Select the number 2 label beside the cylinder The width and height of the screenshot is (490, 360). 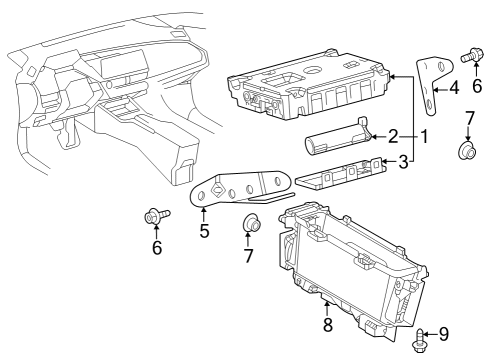pyautogui.click(x=393, y=135)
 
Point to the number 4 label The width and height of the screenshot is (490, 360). pyautogui.click(x=454, y=88)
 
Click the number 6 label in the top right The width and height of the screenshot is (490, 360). pyautogui.click(x=476, y=88)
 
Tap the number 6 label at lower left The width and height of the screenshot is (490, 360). pyautogui.click(x=156, y=247)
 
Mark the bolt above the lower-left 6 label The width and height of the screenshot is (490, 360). pyautogui.click(x=155, y=214)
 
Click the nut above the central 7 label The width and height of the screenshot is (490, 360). pyautogui.click(x=251, y=222)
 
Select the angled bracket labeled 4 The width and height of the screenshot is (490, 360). pyautogui.click(x=430, y=86)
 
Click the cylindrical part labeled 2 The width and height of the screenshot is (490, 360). pyautogui.click(x=338, y=137)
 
